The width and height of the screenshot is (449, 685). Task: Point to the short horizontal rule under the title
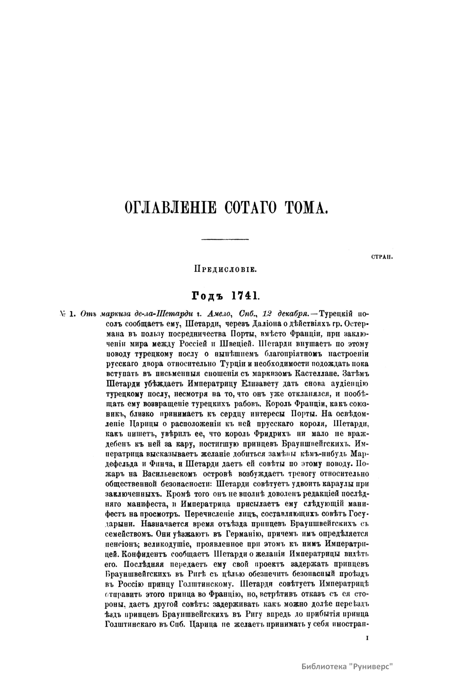tap(225, 239)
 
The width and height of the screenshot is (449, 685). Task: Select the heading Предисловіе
tap(224, 268)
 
